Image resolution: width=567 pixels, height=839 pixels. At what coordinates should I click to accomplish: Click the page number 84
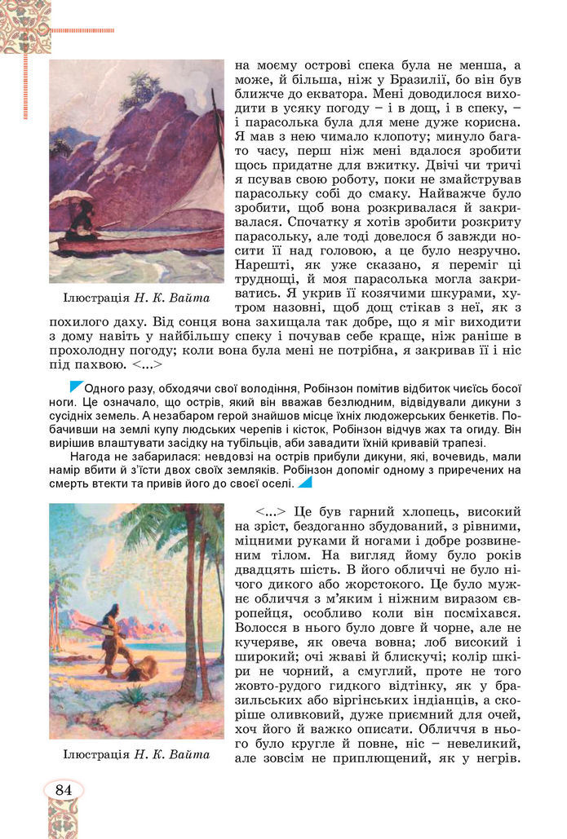pos(64,789)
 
